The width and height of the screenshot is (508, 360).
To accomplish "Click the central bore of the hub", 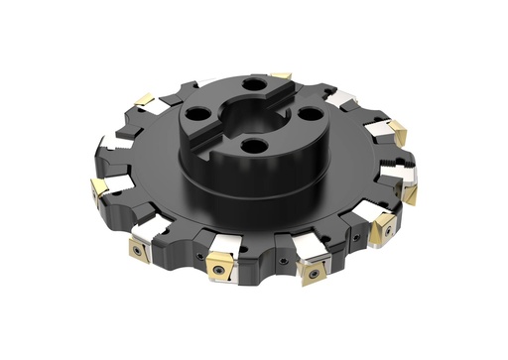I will (x=235, y=107).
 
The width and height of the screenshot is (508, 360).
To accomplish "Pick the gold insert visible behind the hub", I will (x=282, y=74).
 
